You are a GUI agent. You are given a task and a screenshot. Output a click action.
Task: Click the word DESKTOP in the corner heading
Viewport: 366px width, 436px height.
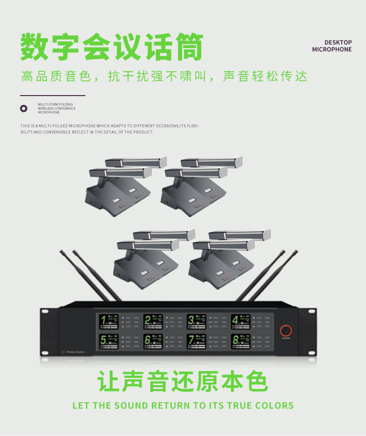click(338, 43)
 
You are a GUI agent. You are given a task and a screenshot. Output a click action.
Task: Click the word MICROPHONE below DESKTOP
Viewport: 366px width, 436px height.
click(332, 50)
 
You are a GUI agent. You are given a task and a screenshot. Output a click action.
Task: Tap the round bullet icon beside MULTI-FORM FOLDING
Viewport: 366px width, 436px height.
click(23, 108)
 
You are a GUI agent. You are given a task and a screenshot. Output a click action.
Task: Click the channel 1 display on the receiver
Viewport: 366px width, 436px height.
click(109, 322)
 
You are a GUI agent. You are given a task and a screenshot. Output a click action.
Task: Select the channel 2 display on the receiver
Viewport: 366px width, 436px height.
click(153, 322)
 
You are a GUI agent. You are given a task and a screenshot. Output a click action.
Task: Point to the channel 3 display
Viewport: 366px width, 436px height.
click(197, 322)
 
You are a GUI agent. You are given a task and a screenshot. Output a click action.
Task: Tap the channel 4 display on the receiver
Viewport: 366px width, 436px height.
click(241, 322)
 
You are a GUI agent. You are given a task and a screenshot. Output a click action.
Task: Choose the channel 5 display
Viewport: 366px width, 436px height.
click(109, 341)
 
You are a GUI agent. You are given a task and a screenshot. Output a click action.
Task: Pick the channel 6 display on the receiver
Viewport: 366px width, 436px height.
click(153, 341)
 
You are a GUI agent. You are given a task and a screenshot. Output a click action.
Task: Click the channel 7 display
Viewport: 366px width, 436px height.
click(197, 341)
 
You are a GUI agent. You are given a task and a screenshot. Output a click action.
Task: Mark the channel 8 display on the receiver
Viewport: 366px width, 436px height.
click(241, 341)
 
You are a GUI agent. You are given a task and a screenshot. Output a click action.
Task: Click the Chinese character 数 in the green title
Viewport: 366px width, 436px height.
click(35, 47)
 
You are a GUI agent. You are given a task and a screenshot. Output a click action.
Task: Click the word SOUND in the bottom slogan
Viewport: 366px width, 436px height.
click(132, 406)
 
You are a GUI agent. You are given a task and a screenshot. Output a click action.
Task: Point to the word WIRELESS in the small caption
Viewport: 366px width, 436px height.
click(46, 108)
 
